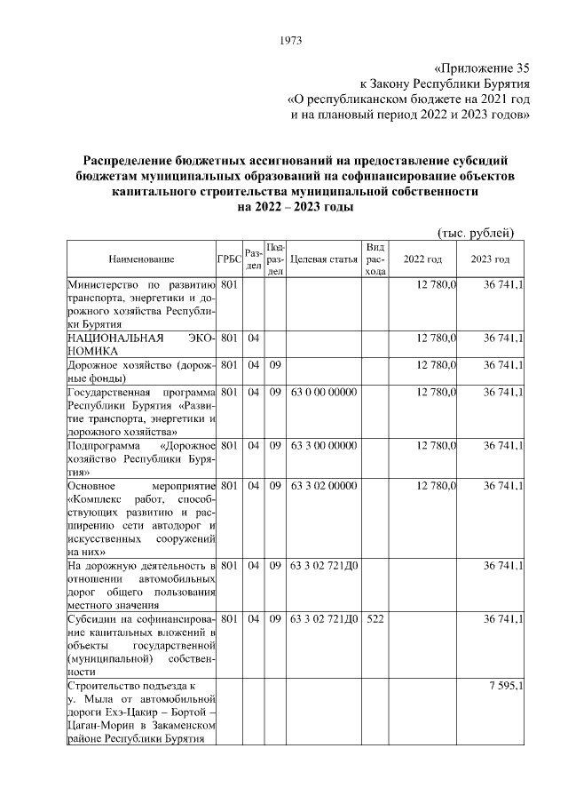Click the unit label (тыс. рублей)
477,232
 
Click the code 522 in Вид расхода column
375,617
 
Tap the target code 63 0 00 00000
324,392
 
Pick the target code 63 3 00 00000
324,446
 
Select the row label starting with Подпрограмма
141,459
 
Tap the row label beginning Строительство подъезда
141,712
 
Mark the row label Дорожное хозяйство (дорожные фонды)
141,371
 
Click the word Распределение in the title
134,161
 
